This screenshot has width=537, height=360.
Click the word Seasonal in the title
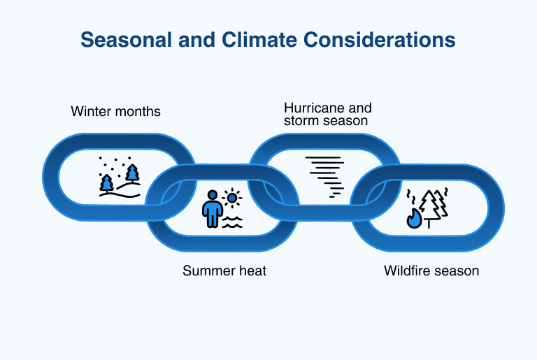click(126, 40)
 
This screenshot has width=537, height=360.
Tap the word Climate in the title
click(259, 40)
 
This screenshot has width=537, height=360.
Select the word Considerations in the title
click(380, 40)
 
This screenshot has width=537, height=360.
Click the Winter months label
click(116, 112)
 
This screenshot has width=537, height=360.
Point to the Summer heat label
click(224, 271)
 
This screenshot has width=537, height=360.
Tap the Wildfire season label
click(431, 271)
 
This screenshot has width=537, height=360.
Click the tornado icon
click(325, 177)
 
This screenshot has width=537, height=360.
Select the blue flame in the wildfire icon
click(414, 218)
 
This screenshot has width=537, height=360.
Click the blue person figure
click(213, 209)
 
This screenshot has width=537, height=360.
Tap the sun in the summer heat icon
click(232, 198)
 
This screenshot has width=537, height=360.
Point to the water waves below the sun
click(232, 222)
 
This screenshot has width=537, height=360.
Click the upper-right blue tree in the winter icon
click(132, 173)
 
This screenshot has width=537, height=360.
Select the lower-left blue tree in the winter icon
click(106, 183)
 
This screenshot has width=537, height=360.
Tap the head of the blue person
click(213, 195)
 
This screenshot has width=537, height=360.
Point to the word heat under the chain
click(252, 271)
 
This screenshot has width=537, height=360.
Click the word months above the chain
click(138, 112)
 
